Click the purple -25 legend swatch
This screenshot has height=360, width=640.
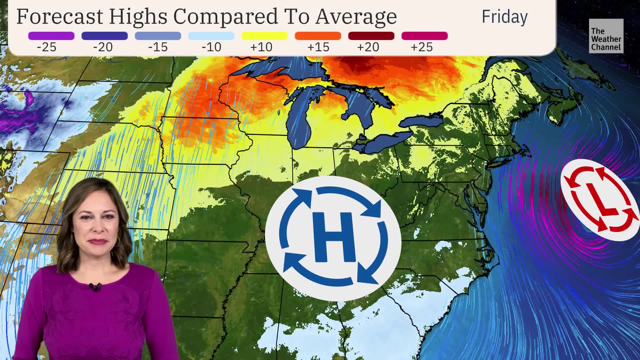click(x=51, y=36)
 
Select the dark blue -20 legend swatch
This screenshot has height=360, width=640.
click(x=104, y=36)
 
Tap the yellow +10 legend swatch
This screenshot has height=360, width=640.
click(x=264, y=36)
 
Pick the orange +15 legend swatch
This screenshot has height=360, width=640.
click(x=318, y=36)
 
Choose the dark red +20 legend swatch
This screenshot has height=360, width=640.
click(x=371, y=36)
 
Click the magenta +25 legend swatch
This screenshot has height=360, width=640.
click(x=424, y=36)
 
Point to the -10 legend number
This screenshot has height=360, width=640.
click(x=211, y=47)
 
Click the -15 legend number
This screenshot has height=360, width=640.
click(x=158, y=47)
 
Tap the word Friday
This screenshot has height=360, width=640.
click(x=504, y=17)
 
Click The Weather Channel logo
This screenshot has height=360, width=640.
click(x=606, y=36)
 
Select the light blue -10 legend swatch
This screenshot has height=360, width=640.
click(x=211, y=36)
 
